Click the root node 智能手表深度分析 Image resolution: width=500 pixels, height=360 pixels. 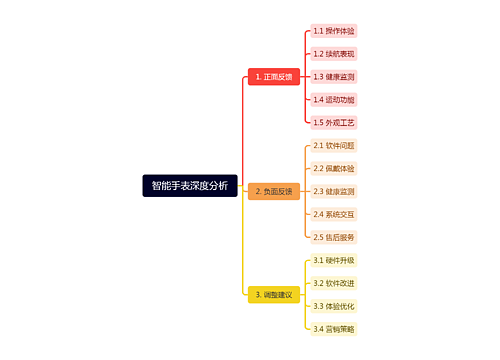point(190,185)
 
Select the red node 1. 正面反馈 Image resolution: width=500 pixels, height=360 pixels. point(274,76)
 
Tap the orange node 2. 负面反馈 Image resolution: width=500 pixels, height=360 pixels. point(274,191)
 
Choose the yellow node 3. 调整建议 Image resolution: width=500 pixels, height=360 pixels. point(273,295)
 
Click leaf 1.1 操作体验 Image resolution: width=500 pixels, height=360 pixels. point(334,31)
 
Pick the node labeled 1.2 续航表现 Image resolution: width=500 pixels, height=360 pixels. point(334,54)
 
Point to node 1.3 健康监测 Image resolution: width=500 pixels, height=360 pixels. point(334,76)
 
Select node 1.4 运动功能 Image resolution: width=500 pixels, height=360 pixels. point(334,99)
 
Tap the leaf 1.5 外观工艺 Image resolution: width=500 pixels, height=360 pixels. point(334,122)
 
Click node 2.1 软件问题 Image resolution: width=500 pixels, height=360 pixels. point(334,146)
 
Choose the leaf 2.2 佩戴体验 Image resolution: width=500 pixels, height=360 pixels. point(334,168)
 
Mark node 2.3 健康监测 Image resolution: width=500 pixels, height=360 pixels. point(334,191)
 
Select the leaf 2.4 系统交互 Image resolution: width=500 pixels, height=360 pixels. point(334,214)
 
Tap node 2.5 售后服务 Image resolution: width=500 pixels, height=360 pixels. point(334,237)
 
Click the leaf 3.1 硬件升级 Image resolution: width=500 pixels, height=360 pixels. point(334,260)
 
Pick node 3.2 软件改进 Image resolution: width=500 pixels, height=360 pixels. point(334,283)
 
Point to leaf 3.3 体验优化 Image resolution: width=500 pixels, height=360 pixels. point(334,306)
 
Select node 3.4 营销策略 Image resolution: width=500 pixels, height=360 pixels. point(334,329)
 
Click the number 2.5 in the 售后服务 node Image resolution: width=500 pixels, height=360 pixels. point(319,237)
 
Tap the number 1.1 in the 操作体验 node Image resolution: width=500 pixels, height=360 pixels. point(319,31)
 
